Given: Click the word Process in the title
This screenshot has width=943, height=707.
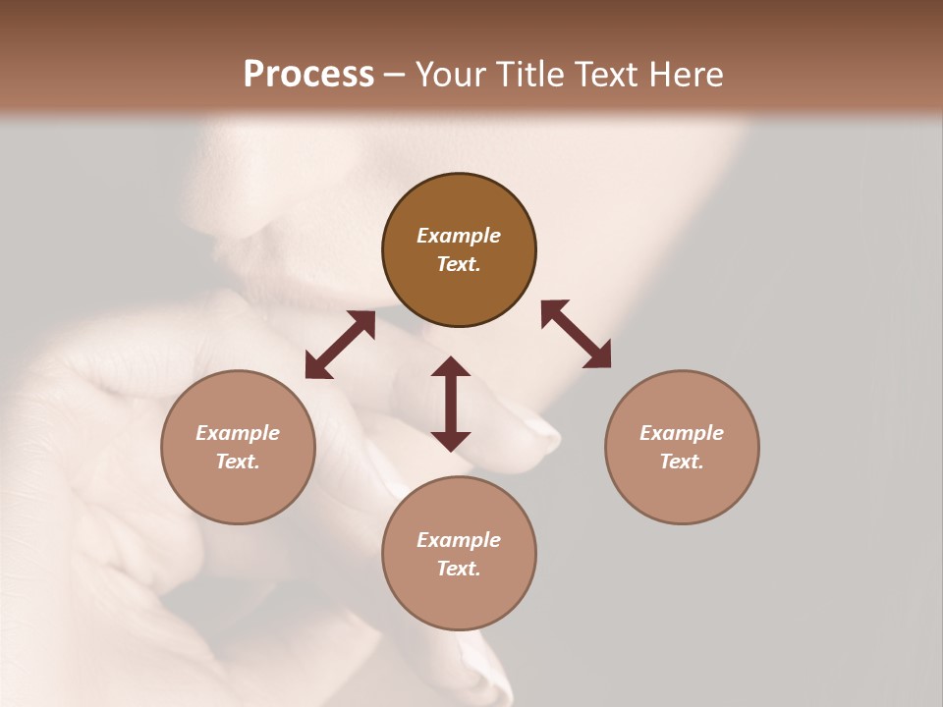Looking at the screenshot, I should click(308, 75).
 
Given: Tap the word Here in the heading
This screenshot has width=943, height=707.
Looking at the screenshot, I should click(686, 75).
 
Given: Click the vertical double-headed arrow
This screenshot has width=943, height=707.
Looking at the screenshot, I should click(451, 404).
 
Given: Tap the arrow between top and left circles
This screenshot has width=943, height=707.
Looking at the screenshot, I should click(340, 345).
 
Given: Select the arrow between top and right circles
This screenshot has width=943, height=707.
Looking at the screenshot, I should click(576, 334).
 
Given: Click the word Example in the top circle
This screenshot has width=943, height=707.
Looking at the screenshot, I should click(459, 236).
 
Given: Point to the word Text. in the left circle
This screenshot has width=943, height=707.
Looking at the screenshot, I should click(238, 462).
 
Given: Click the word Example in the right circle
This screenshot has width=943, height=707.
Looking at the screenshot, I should click(682, 433).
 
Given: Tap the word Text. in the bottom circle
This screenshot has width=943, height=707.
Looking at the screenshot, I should click(459, 569).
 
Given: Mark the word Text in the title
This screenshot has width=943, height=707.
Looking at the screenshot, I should click(608, 75).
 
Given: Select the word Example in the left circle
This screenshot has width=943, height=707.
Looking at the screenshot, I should click(238, 433).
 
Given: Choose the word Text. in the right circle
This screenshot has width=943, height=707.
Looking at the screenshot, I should click(682, 462).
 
